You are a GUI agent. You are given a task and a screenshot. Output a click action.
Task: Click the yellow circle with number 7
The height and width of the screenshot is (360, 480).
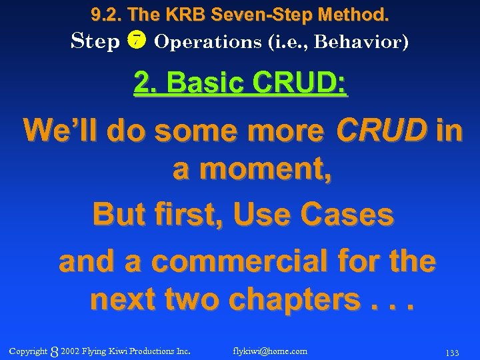click(137, 41)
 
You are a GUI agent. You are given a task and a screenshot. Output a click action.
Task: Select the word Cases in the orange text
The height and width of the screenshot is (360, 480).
click(347, 215)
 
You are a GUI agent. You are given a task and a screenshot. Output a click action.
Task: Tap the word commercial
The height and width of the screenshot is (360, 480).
click(254, 261)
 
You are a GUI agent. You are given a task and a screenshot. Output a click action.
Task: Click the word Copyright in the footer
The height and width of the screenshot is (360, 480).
click(28, 351)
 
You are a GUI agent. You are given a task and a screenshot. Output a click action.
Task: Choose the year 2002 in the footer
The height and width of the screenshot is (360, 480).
click(70, 351)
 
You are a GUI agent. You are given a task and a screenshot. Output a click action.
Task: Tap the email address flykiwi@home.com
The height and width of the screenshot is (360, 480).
click(271, 351)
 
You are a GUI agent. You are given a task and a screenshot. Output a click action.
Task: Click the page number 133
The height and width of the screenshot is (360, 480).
click(452, 352)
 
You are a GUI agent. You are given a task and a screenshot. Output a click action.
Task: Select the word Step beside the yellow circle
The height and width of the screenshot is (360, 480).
click(95, 41)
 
